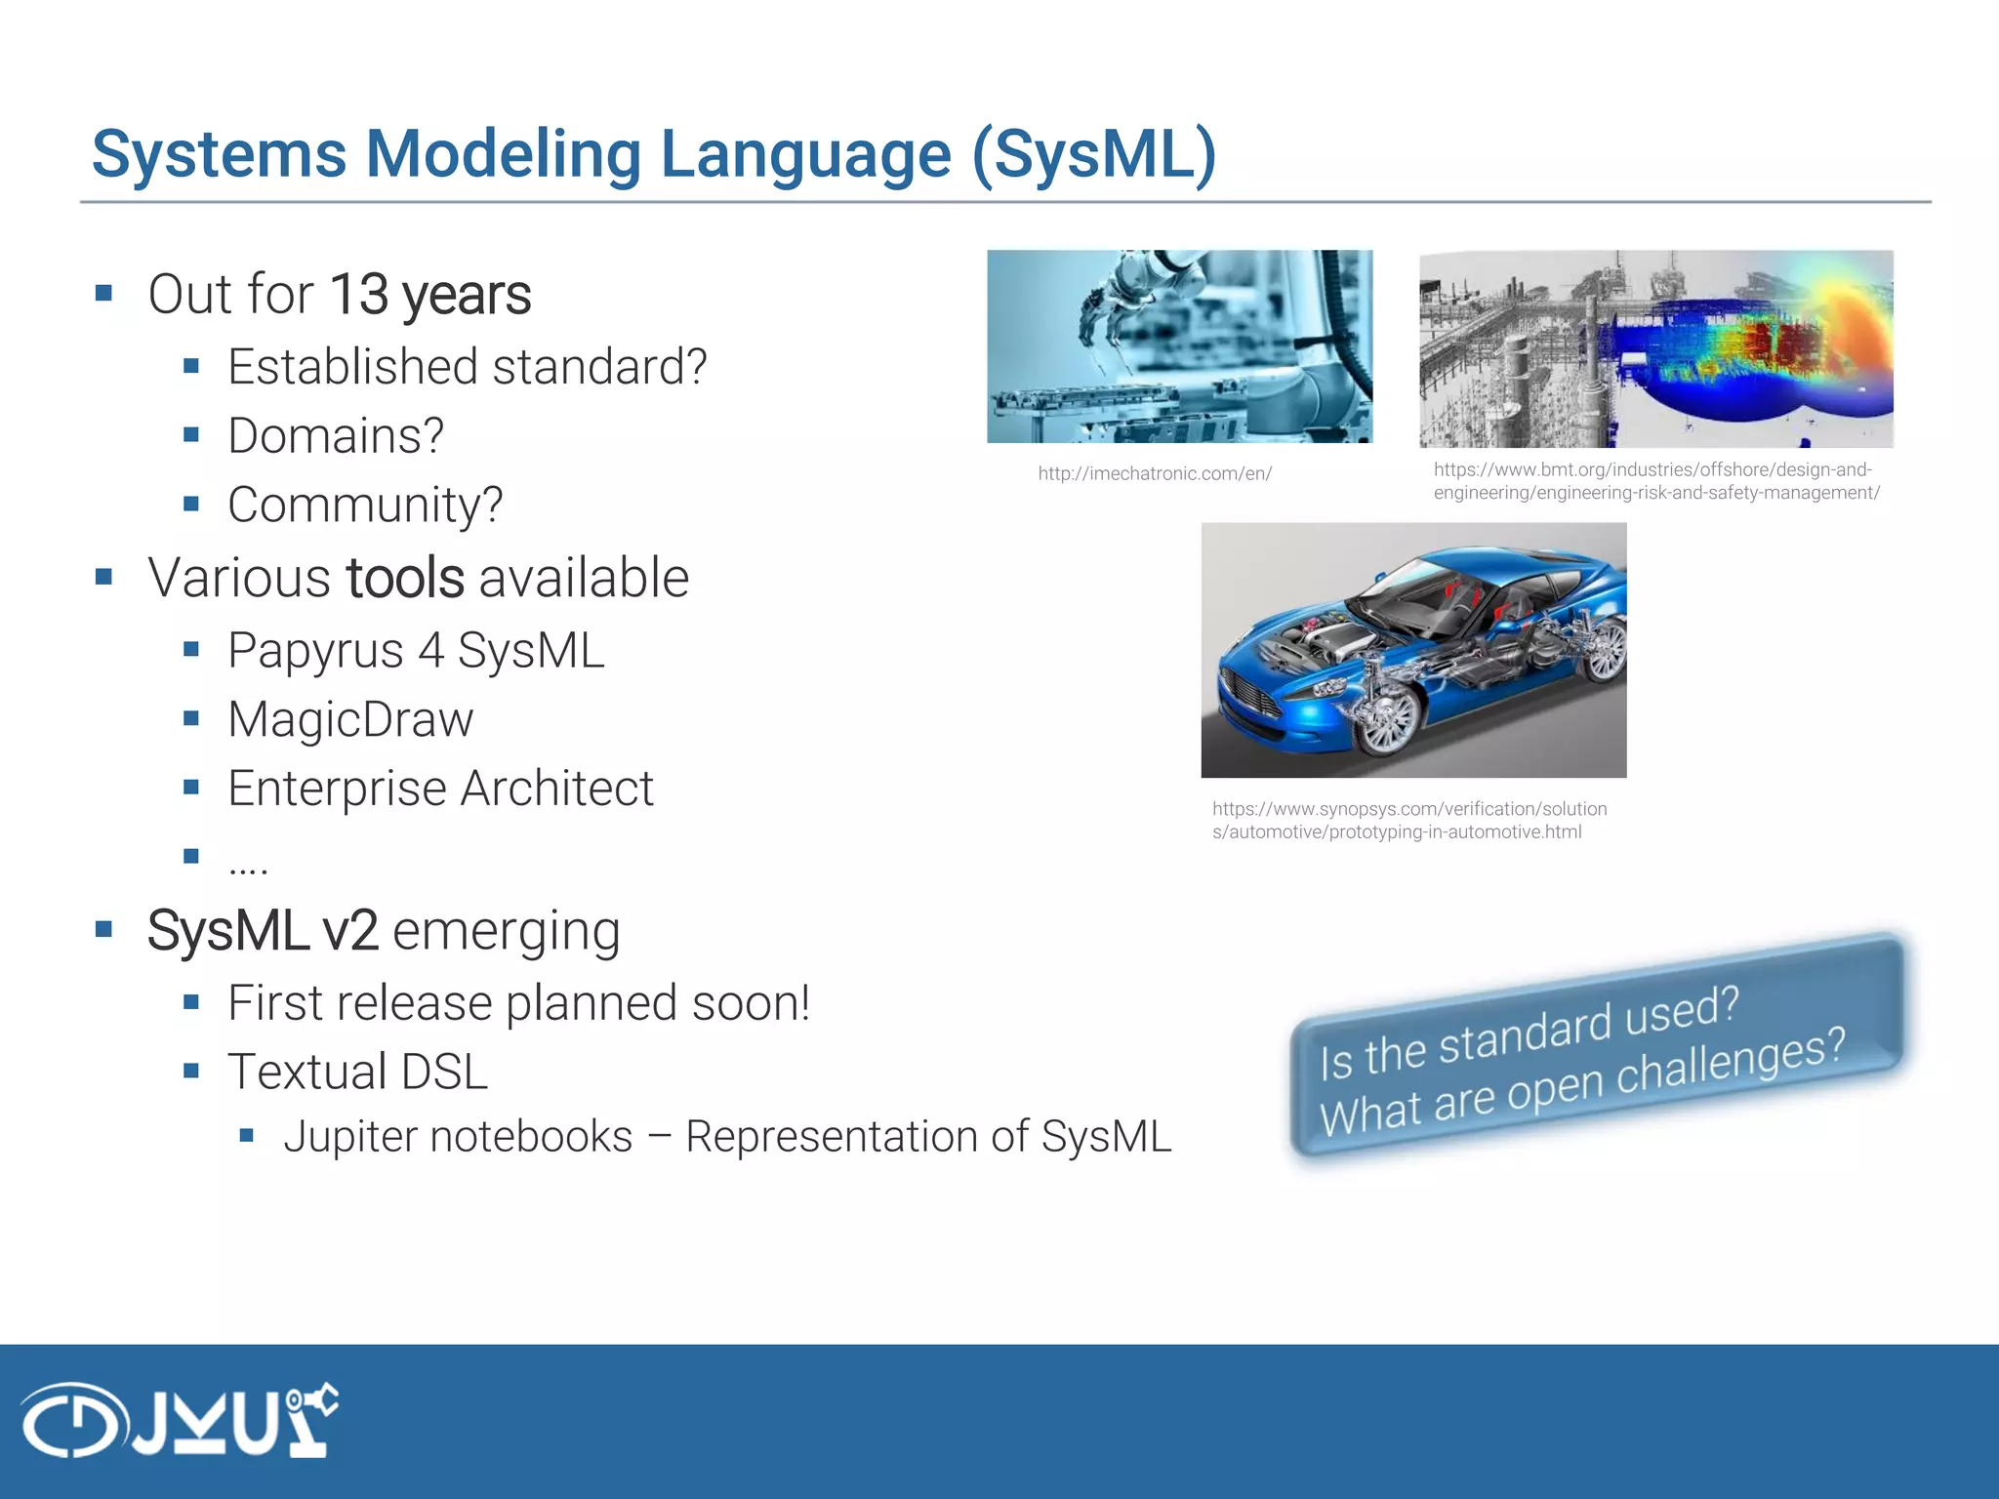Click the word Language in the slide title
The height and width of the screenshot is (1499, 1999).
click(x=805, y=154)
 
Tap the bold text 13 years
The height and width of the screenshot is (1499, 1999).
click(x=430, y=295)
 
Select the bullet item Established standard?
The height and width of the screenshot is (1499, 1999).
click(x=467, y=367)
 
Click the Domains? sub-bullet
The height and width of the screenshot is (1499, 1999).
click(x=336, y=435)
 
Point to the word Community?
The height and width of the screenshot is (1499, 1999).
click(x=365, y=505)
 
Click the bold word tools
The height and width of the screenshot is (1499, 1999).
click(x=405, y=578)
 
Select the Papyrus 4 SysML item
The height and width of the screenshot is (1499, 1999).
click(x=416, y=651)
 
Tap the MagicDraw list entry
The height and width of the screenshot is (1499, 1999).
click(x=350, y=720)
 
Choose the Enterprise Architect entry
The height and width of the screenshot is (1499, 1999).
click(x=440, y=789)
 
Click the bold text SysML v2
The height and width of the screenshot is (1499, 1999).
click(x=263, y=931)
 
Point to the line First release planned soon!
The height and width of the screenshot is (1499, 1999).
click(x=518, y=1003)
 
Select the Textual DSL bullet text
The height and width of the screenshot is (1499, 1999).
click(x=357, y=1072)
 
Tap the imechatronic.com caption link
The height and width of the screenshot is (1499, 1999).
click(x=1155, y=474)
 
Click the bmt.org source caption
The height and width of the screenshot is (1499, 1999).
click(x=1655, y=481)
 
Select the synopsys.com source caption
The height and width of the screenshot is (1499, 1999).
click(x=1408, y=821)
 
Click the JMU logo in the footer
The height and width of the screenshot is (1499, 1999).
click(x=181, y=1420)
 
